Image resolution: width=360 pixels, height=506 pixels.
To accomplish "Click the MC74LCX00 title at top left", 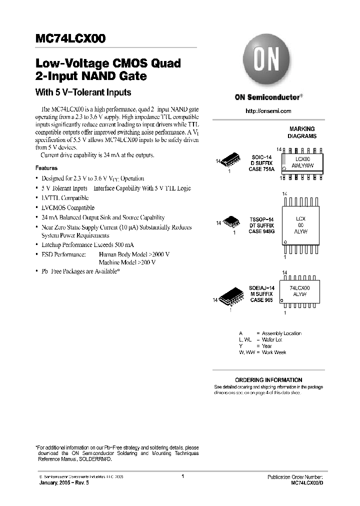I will pos(70,39).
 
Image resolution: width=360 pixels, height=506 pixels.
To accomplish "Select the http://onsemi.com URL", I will pos(268,111).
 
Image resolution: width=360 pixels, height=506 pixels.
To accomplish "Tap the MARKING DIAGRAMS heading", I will pos(301,132).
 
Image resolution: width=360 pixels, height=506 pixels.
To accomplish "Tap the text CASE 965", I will pos(260,300).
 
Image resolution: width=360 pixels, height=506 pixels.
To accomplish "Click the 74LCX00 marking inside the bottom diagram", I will pos(299,288).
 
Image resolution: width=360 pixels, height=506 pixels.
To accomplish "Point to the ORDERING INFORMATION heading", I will pos(268,380).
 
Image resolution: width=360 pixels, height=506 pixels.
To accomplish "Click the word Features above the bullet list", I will pos(46,168).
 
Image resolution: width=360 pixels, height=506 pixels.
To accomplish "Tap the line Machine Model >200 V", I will pos(127,262).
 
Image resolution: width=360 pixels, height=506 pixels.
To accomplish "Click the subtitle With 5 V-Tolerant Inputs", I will pos(83,92).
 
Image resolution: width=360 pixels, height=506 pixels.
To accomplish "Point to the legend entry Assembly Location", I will pos(281,333).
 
